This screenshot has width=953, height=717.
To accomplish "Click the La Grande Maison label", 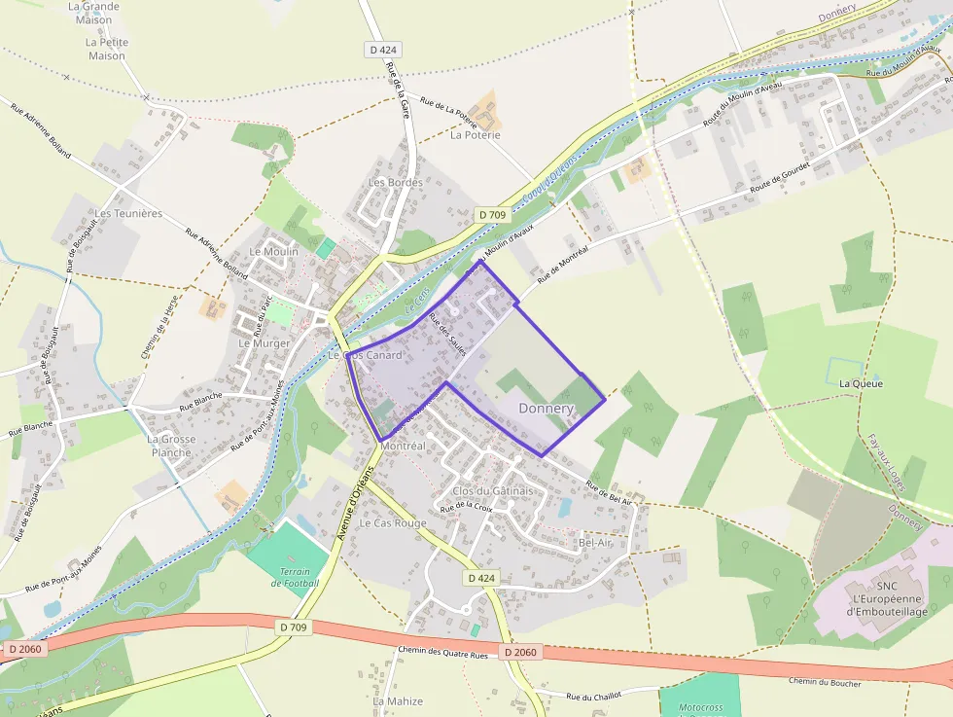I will point(93,13).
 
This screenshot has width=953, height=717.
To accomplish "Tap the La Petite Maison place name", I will point(105,49).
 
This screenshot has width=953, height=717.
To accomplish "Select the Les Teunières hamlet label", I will point(128,213).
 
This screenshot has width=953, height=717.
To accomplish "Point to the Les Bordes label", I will point(395,182).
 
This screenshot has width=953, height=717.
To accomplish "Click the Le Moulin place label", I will point(274,251).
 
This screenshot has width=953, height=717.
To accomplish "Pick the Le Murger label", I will point(265,343).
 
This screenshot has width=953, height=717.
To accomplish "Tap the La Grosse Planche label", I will point(171,446).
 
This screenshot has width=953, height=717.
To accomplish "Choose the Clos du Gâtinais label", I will point(493,490).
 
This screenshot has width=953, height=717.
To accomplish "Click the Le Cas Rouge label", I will point(393,522).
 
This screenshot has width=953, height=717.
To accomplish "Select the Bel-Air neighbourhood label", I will point(594,542).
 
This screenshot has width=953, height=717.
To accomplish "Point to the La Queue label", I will point(861,383).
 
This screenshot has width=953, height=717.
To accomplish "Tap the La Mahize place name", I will point(398,700).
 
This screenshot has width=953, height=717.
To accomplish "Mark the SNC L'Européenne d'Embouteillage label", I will point(886,598).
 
